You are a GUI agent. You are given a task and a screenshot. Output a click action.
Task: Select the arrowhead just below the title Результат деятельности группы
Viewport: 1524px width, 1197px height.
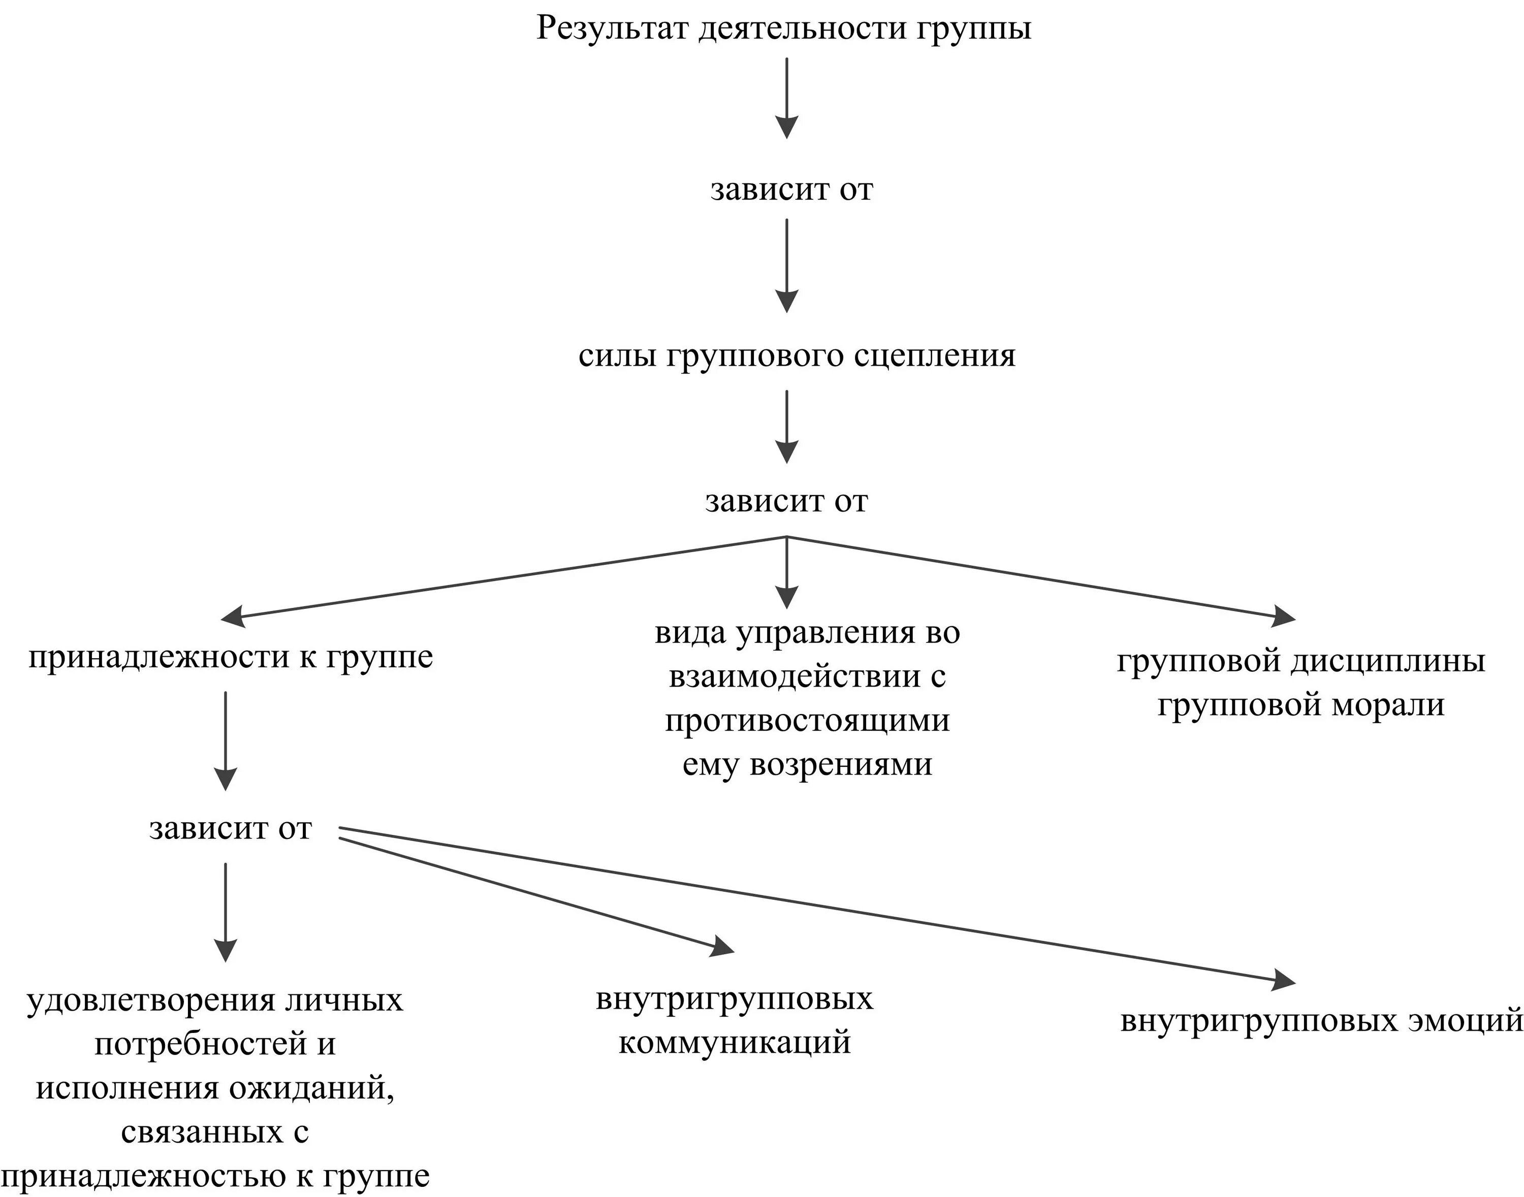click(786, 127)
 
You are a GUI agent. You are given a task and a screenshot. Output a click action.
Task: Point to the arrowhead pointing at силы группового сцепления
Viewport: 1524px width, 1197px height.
click(786, 301)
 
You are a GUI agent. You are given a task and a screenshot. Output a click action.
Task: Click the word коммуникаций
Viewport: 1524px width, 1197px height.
click(734, 1042)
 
